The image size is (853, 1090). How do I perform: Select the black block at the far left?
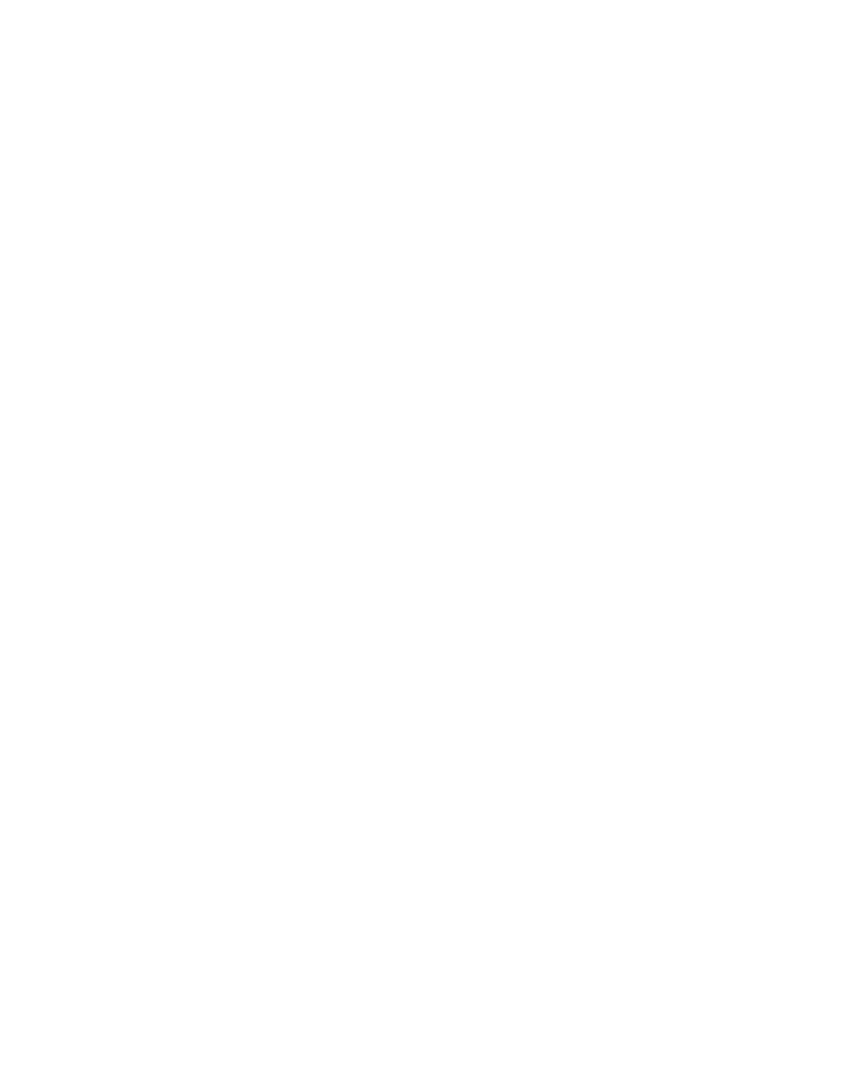point(81,1007)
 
